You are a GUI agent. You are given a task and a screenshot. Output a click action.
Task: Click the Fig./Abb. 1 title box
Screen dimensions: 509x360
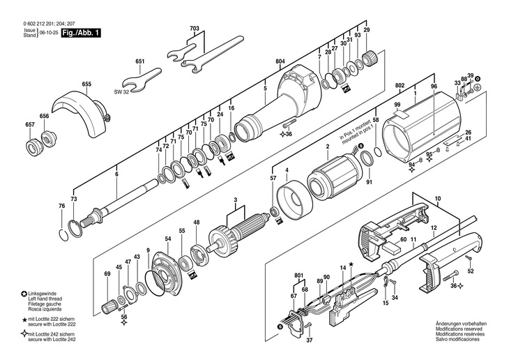pyautogui.click(x=81, y=33)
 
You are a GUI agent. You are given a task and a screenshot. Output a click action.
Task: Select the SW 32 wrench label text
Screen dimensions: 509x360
pyautogui.click(x=121, y=92)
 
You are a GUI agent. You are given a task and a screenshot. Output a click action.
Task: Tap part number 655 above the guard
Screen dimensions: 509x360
pyautogui.click(x=86, y=84)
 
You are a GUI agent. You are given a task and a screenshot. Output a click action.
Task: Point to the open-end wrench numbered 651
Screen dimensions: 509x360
pyautogui.click(x=142, y=80)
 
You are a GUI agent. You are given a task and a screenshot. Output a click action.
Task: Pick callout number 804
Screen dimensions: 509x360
pyautogui.click(x=280, y=61)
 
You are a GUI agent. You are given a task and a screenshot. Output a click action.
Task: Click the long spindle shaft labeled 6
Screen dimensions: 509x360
pyautogui.click(x=120, y=202)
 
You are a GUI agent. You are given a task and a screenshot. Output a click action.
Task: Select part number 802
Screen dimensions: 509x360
pyautogui.click(x=400, y=85)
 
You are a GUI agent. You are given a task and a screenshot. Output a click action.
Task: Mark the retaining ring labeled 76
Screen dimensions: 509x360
pyautogui.click(x=64, y=235)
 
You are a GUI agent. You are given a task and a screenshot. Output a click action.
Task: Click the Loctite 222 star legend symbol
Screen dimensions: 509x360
pyautogui.click(x=24, y=320)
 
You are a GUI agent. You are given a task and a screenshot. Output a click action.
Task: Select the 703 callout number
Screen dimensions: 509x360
pyautogui.click(x=195, y=29)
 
